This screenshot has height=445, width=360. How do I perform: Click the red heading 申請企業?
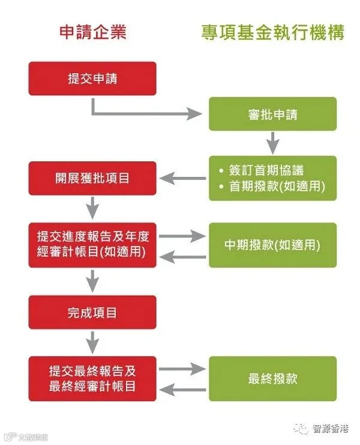click(93, 32)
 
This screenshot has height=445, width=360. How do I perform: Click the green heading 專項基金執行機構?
click(273, 32)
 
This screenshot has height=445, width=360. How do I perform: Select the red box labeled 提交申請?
click(92, 79)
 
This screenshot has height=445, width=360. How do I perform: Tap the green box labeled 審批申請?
click(273, 114)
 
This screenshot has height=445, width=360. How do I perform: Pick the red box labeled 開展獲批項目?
click(92, 178)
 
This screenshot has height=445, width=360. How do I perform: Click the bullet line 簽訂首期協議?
click(262, 170)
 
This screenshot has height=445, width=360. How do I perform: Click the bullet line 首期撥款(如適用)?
click(272, 187)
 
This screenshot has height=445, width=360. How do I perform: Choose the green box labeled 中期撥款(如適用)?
click(273, 245)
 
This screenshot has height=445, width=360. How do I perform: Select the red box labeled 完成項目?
click(92, 312)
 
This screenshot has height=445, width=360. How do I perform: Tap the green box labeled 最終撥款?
click(273, 378)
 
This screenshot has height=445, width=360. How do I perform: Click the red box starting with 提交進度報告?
click(92, 245)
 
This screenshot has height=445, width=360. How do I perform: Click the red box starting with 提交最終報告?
click(92, 378)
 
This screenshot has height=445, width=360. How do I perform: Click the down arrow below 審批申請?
click(273, 143)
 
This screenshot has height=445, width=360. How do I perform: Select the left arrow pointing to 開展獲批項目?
click(183, 178)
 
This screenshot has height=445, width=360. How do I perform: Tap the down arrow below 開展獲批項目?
click(92, 208)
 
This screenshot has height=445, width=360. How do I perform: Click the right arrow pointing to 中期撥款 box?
click(182, 236)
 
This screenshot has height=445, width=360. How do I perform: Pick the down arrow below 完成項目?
click(92, 342)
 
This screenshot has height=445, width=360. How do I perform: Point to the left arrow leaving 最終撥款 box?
click(183, 389)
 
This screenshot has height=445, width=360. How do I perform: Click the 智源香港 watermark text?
click(331, 428)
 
